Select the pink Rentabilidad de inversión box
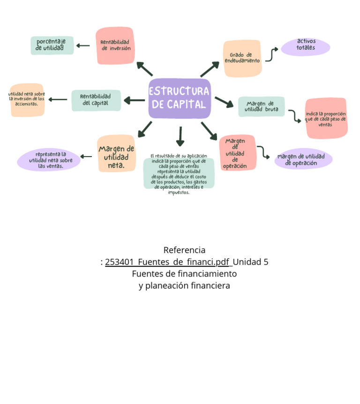115,45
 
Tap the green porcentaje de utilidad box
52,45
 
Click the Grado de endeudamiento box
242,58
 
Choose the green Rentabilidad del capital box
96,100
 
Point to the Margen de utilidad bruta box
261,107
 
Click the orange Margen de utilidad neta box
116,154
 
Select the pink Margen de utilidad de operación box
237,153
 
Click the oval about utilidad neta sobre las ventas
49,160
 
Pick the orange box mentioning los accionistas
27,100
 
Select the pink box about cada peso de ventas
326,119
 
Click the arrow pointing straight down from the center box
180,136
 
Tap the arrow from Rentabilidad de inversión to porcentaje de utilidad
83,45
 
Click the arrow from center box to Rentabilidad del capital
134,100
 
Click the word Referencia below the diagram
184,250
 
